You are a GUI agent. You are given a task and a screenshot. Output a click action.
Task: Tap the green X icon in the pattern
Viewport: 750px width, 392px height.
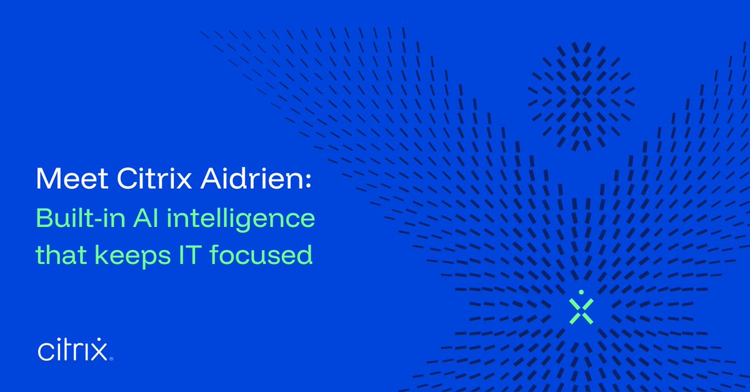(x=581, y=311)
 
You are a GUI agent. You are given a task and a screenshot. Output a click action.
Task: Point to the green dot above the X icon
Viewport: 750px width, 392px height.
(x=581, y=291)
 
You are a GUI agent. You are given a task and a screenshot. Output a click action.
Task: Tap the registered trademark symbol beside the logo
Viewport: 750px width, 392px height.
(x=112, y=359)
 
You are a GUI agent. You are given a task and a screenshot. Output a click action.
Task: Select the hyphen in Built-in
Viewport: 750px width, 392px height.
(x=91, y=221)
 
